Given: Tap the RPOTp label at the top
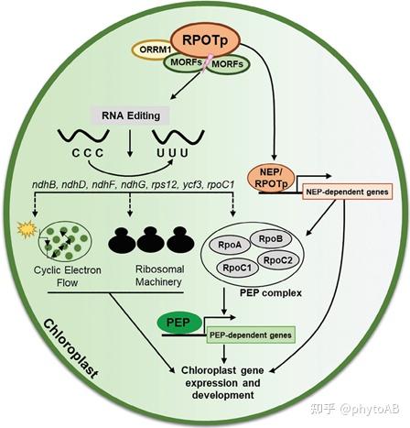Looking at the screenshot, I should pos(210,38).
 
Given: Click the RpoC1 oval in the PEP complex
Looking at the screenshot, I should pos(252,267).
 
